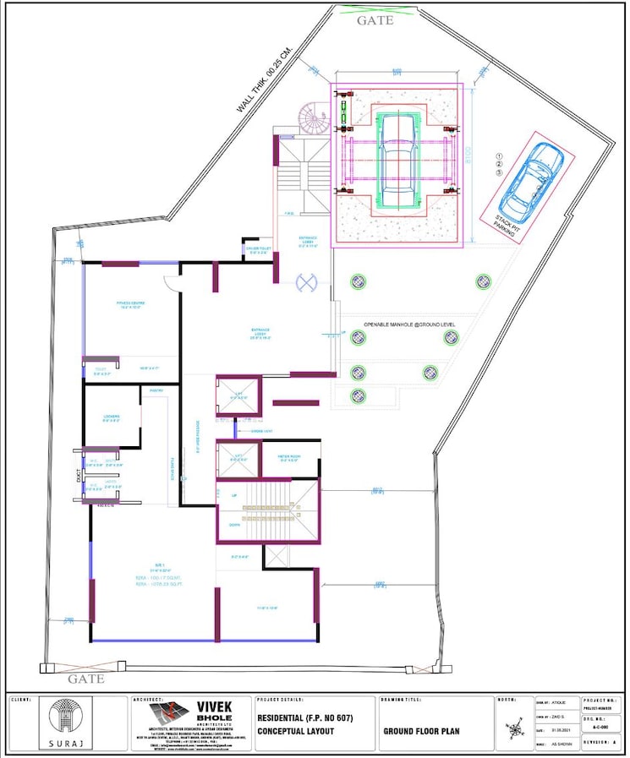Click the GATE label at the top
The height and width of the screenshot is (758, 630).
click(x=375, y=19)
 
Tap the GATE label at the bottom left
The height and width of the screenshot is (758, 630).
click(x=85, y=679)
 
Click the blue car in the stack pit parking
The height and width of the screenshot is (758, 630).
click(x=531, y=180)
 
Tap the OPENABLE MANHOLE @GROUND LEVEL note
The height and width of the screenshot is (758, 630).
click(x=411, y=324)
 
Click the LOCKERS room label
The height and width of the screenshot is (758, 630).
click(x=111, y=416)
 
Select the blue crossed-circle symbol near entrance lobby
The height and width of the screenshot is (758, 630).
click(x=306, y=284)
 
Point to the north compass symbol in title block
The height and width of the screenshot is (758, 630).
click(x=515, y=728)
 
